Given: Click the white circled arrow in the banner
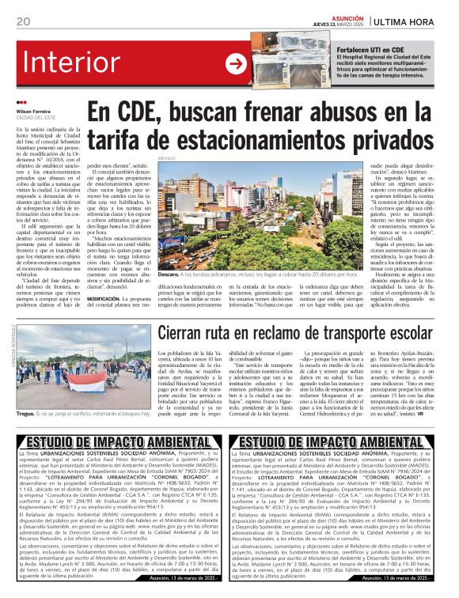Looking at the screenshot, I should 235,63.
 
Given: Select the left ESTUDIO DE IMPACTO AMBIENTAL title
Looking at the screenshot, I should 112,441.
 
